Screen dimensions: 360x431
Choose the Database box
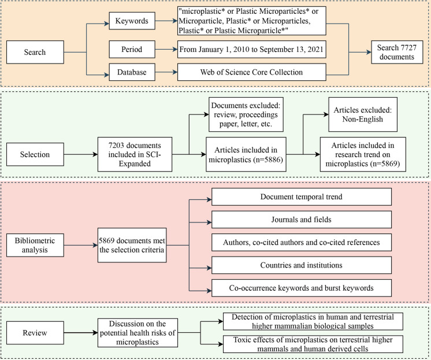[x=132, y=73]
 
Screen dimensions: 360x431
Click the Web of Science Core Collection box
[x=252, y=73]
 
